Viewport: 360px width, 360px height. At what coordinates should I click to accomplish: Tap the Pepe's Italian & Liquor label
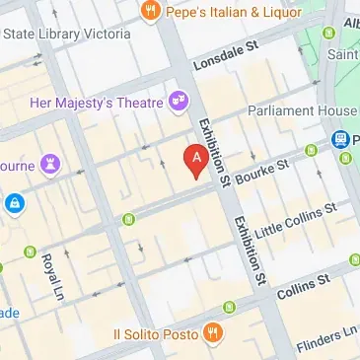(x=223, y=13)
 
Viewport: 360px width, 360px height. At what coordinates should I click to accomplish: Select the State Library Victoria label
(x=67, y=34)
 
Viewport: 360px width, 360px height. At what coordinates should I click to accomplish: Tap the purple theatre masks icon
(x=179, y=99)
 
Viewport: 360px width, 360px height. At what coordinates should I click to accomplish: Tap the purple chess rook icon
(x=50, y=159)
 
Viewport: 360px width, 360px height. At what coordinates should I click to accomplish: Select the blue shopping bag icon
(x=14, y=205)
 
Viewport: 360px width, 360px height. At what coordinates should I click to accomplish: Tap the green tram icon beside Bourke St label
(x=312, y=151)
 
